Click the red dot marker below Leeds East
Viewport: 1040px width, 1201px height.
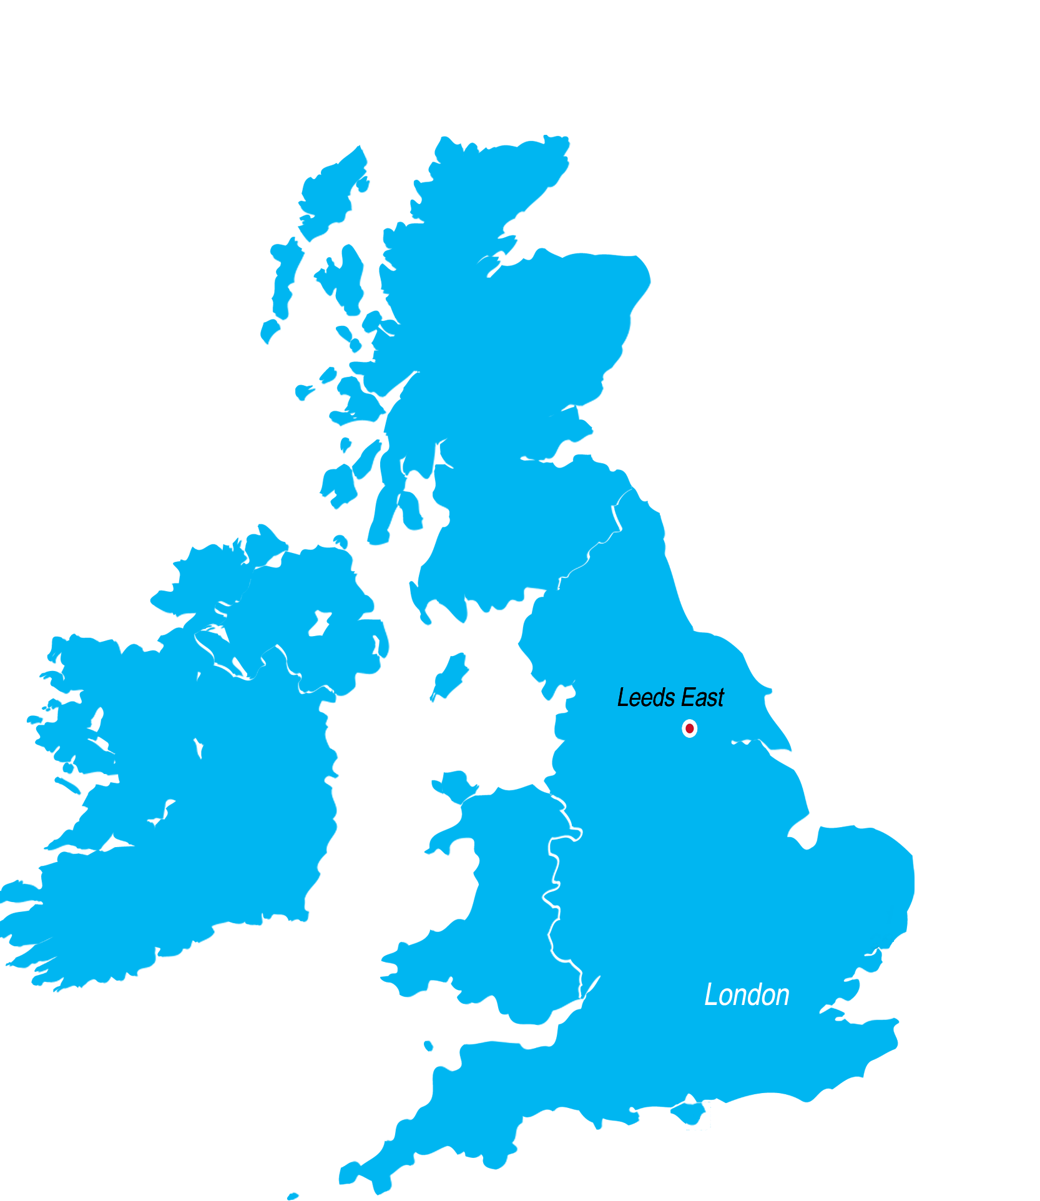(689, 728)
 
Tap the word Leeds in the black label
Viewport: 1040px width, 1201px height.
(645, 697)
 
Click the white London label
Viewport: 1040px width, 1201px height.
(747, 994)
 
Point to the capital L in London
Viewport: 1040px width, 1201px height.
(710, 994)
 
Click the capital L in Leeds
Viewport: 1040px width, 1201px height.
(622, 697)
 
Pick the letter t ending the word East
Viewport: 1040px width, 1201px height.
(720, 698)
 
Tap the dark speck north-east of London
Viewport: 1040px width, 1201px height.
(875, 947)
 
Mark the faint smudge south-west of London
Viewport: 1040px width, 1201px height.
(708, 1112)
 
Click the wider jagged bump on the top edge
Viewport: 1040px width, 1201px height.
(555, 137)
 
